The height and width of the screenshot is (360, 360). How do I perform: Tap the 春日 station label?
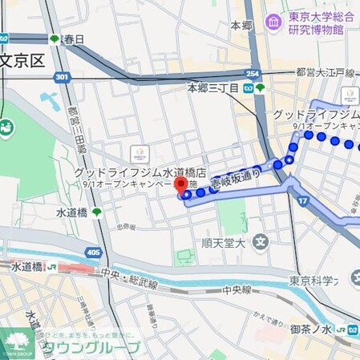[x=74, y=38]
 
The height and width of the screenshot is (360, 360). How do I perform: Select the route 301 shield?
[x=62, y=77]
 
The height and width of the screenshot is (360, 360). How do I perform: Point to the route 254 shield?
[x=253, y=74]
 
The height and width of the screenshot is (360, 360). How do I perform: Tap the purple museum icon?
[x=273, y=20]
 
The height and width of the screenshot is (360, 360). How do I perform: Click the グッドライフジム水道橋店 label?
[x=140, y=172]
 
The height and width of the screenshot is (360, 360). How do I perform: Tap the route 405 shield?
[x=93, y=253]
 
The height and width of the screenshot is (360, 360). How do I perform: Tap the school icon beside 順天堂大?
[x=260, y=241]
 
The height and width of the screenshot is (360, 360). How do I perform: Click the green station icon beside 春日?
[x=55, y=38]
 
